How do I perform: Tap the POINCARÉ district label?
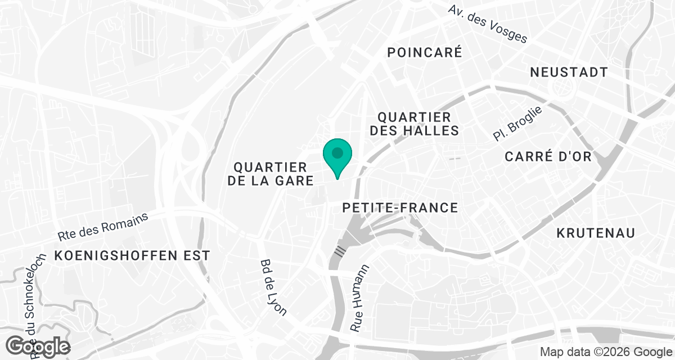(425, 53)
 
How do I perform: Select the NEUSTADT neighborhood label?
(569, 73)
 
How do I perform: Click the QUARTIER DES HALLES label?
(418, 124)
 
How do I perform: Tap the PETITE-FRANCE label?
(400, 208)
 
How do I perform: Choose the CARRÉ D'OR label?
(548, 156)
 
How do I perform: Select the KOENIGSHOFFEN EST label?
(132, 255)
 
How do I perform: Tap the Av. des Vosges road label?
(488, 24)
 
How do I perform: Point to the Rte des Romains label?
(102, 226)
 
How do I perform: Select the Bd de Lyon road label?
(273, 287)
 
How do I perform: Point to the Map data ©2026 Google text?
(604, 352)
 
